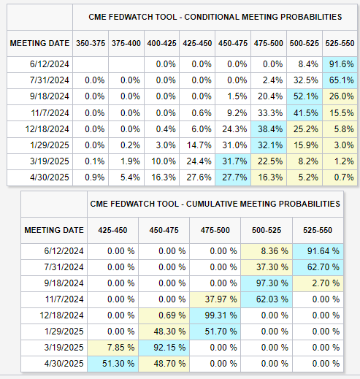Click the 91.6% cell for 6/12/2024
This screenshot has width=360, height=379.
tap(340, 64)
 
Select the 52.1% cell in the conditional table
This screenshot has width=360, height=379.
tap(305, 96)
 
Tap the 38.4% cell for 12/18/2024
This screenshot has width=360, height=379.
tap(269, 129)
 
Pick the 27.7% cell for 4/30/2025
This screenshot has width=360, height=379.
tap(233, 177)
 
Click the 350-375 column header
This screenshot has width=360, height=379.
tap(91, 43)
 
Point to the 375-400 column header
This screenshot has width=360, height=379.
tap(126, 43)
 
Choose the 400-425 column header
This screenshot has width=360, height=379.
tap(161, 43)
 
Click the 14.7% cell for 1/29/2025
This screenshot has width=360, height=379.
tap(197, 145)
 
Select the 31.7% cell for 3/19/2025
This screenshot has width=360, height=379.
tap(233, 161)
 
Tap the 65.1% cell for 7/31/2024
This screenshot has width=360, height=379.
tap(340, 80)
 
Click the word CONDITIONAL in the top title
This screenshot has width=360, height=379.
tap(212, 17)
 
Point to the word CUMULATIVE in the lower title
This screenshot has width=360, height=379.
tap(212, 204)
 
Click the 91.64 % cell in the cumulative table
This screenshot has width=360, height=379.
tap(318, 251)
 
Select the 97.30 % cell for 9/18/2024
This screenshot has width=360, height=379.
tap(267, 283)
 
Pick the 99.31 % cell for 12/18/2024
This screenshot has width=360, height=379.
tap(215, 315)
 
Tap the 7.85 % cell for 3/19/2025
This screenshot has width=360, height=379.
tap(112, 348)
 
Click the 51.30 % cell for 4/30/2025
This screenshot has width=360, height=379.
tap(112, 364)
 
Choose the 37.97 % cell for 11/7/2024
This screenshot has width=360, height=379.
tap(215, 299)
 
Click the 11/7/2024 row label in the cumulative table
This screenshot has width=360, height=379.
tap(64, 299)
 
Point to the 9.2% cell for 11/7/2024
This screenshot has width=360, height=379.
tap(233, 113)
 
